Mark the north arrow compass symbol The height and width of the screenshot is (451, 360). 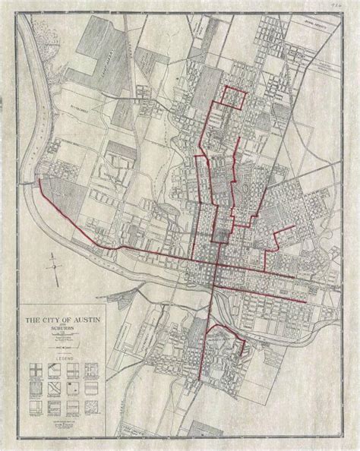[x=54, y=267]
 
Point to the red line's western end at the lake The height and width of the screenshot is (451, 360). [x=38, y=182]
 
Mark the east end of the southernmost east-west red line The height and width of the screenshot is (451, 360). [x=308, y=301]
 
